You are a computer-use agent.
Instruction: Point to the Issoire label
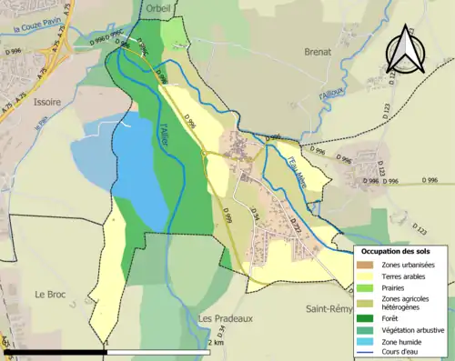coord(46,103)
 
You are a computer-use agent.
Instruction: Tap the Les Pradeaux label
coord(224,318)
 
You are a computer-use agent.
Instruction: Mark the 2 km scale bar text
coord(215,343)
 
